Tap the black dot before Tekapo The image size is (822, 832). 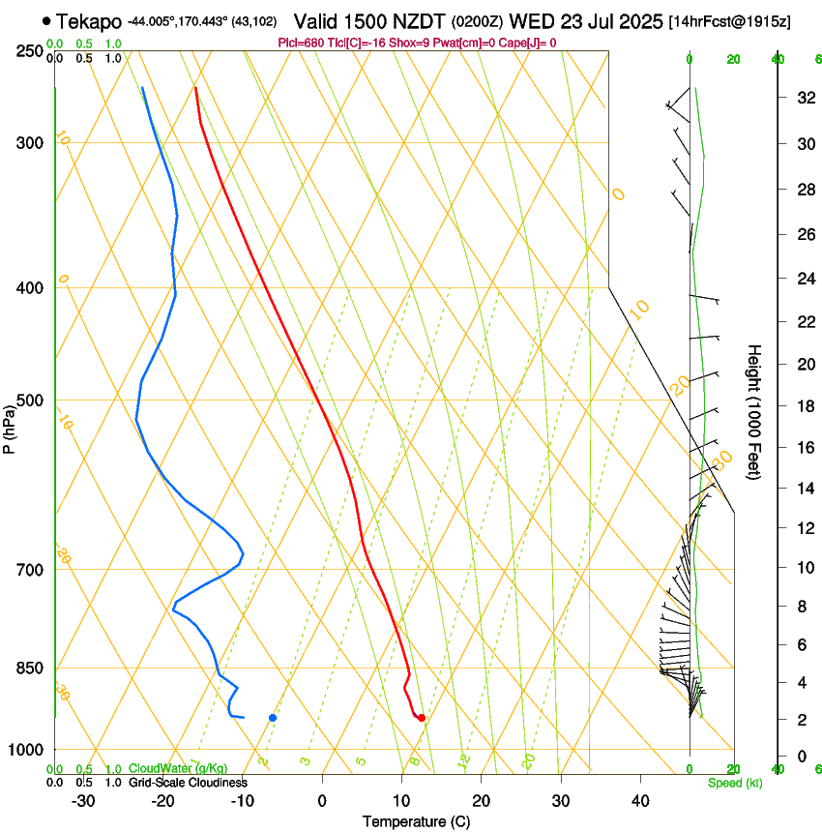(x=46, y=20)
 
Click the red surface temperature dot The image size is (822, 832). (x=421, y=717)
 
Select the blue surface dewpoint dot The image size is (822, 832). (x=273, y=717)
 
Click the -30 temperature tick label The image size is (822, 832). (x=82, y=801)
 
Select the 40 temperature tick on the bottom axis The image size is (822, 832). (x=640, y=801)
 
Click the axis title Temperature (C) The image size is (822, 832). (x=416, y=821)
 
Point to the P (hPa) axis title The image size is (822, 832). (x=10, y=426)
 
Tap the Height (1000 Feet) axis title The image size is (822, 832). (x=755, y=411)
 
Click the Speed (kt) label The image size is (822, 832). (x=734, y=783)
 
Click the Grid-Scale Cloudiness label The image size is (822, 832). (x=188, y=783)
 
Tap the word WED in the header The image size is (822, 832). (x=530, y=20)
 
